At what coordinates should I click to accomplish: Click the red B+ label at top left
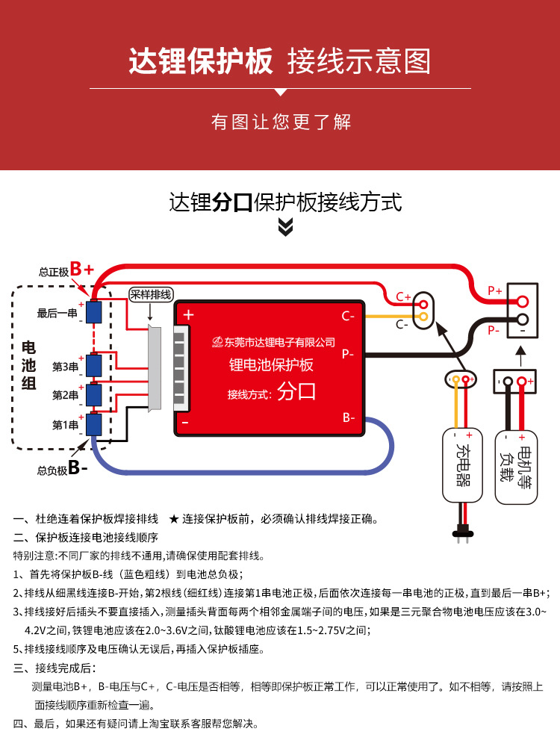coord(82,270)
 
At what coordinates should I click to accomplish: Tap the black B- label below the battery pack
coord(78,469)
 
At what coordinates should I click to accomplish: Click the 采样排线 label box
coord(151,294)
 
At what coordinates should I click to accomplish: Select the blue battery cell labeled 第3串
coord(94,365)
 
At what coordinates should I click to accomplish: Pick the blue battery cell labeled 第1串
coord(94,424)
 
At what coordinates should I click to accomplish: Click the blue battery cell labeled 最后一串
coord(94,312)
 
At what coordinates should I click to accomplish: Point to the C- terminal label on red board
coord(349,316)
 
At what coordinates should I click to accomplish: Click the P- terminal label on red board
coord(349,354)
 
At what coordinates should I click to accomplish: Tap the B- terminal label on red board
coord(349,417)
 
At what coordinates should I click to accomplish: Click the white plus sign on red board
coord(188,315)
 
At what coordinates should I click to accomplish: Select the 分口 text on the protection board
coord(296,392)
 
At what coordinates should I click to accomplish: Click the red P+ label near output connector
coord(494,290)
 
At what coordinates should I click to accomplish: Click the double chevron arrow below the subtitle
coord(285,227)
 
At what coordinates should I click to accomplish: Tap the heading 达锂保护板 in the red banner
coord(201,61)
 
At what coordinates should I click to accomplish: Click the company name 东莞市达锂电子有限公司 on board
coord(275,341)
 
